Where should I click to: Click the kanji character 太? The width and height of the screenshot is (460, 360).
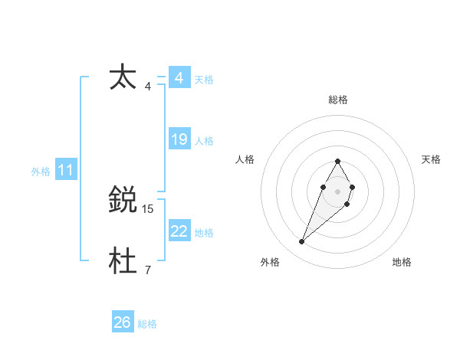[x=123, y=77]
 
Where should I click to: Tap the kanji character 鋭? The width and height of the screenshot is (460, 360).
[x=123, y=200]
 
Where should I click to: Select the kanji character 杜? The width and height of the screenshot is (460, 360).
[x=123, y=261]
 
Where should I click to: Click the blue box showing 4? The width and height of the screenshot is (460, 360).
[x=179, y=78]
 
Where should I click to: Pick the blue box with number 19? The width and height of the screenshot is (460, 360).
[x=179, y=139]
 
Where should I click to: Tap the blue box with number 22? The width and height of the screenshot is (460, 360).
[x=179, y=231]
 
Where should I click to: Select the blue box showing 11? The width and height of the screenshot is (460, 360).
[x=65, y=171]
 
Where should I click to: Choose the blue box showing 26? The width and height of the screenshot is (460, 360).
[x=122, y=322]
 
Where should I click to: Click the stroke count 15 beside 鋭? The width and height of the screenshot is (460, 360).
[x=148, y=208]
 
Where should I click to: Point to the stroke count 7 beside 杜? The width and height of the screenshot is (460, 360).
[x=148, y=270]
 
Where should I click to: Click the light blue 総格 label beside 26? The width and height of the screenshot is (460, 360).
[x=147, y=324]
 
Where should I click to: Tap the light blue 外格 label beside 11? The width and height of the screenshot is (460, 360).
[x=41, y=172]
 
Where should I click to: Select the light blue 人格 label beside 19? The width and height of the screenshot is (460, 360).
[x=204, y=141]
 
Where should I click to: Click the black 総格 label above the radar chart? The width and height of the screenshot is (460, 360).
[x=337, y=100]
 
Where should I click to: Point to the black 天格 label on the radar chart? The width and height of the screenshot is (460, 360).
[x=431, y=159]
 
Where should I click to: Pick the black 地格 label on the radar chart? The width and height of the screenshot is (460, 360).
[x=402, y=262]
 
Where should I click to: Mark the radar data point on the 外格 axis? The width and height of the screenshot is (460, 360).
[x=302, y=242]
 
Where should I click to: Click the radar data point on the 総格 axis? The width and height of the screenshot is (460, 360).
[x=337, y=161]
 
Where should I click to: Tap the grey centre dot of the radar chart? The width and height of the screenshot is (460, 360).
[x=337, y=191]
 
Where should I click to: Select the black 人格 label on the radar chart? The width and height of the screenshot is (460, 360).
[x=245, y=159]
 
